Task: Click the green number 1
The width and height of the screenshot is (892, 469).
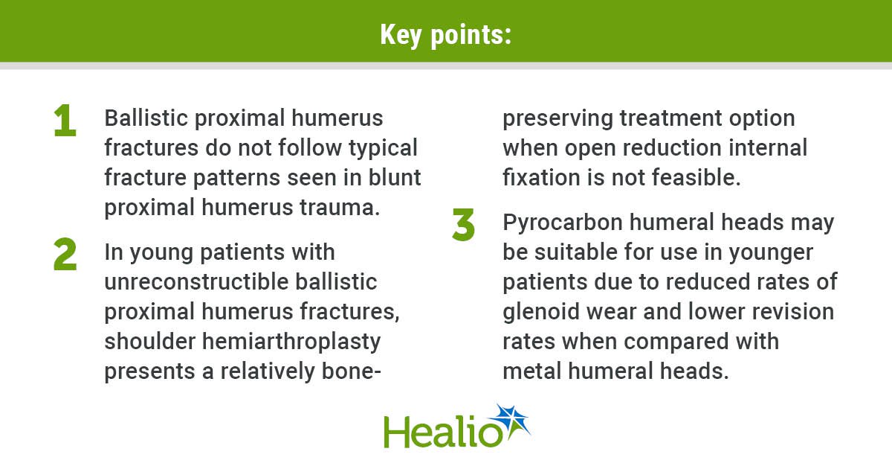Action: (x=65, y=120)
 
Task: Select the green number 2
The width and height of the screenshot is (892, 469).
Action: (x=65, y=254)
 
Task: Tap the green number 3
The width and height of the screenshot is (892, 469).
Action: (x=464, y=225)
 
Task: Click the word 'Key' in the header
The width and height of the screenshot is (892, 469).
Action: (x=401, y=36)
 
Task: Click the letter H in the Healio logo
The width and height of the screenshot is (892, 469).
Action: (x=395, y=432)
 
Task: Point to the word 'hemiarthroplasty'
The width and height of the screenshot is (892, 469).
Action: (x=291, y=342)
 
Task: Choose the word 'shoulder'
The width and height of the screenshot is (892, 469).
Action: (x=150, y=342)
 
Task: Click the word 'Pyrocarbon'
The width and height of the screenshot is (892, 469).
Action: (x=563, y=223)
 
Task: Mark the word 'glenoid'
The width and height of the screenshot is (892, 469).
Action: (x=541, y=312)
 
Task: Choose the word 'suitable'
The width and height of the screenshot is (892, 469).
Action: (x=576, y=252)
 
